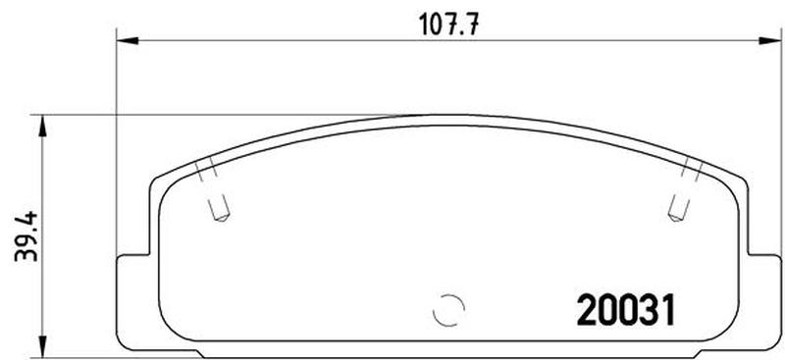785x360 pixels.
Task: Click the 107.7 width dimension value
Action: coord(448,25)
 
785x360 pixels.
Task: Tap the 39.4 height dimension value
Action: coord(26,235)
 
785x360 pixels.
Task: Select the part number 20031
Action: coord(626,310)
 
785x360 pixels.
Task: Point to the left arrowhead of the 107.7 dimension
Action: coord(128,40)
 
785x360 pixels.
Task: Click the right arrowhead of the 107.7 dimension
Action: coord(770,40)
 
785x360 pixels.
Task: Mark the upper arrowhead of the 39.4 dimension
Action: coord(42,127)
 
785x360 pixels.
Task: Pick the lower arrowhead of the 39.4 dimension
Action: coord(42,346)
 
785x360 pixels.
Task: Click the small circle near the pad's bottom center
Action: coord(449,310)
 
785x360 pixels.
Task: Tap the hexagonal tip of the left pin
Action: coord(221,217)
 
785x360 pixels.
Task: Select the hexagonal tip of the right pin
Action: coord(675,216)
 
